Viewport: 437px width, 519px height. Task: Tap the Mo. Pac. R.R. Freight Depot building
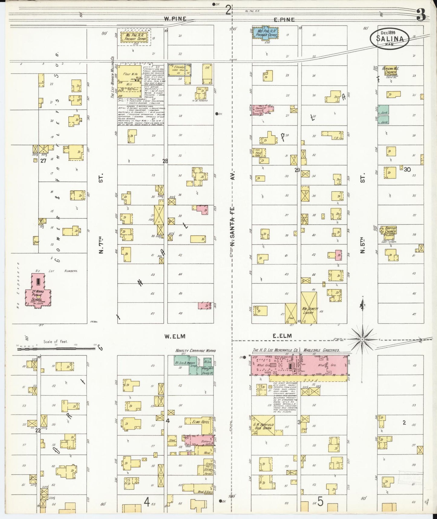pos(134,38)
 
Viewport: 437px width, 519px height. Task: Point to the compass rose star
pos(362,339)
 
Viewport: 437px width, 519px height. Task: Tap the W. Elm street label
pos(174,336)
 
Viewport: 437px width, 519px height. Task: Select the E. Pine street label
pos(284,20)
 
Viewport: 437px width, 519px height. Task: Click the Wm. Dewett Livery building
pos(309,308)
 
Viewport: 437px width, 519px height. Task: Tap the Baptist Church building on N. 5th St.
pos(390,230)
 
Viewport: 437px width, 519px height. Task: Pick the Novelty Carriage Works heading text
pos(195,351)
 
